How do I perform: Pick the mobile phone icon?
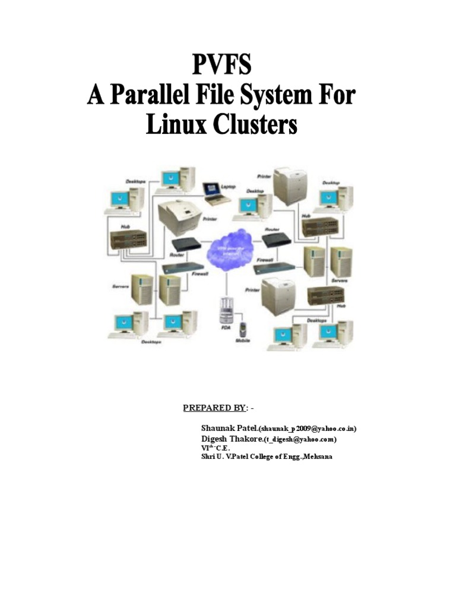tap(243, 330)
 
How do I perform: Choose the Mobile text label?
tap(243, 341)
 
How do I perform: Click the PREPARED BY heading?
tap(214, 408)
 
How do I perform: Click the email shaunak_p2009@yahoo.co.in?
tap(307, 428)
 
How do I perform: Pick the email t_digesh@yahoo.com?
tap(301, 439)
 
